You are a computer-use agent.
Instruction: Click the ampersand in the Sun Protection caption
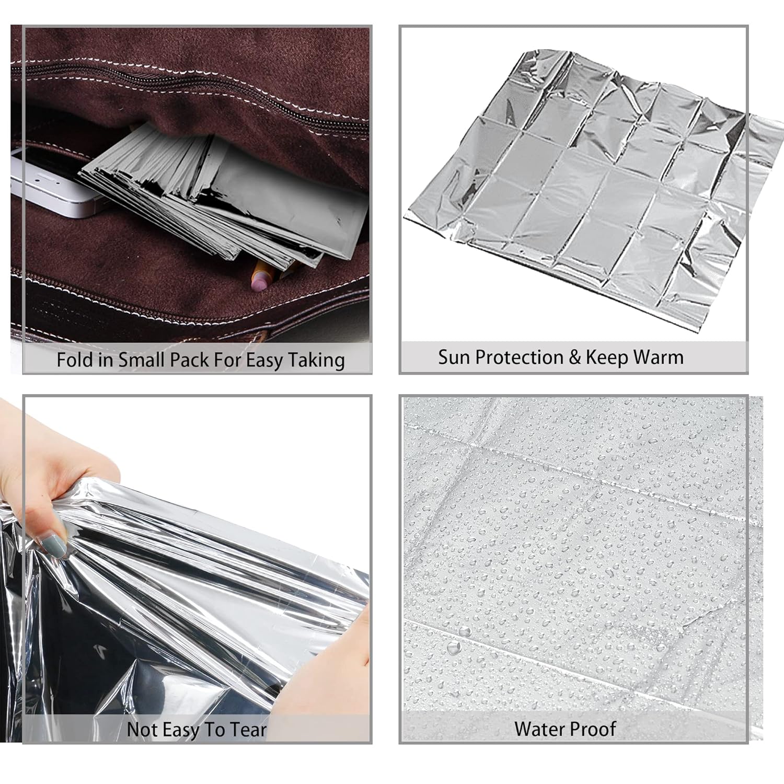(575, 358)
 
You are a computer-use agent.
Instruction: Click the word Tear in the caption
(248, 730)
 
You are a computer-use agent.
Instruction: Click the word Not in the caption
(142, 730)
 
